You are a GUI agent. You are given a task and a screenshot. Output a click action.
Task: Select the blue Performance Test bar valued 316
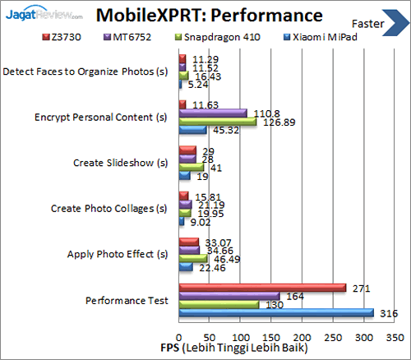click(x=275, y=312)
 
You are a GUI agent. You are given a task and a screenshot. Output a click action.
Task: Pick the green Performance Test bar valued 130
click(x=218, y=305)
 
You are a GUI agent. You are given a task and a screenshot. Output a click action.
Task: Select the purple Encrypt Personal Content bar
click(x=212, y=113)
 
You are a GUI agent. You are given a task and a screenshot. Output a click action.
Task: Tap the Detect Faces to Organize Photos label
click(x=85, y=72)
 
